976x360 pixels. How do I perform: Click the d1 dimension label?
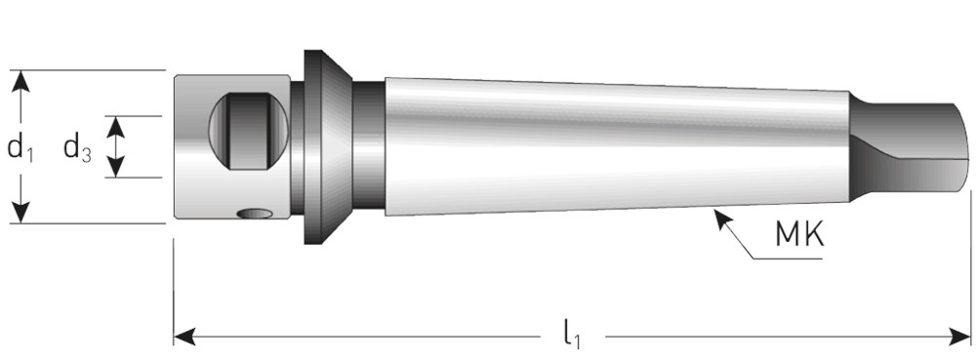[x=20, y=149]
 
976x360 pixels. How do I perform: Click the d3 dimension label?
[x=78, y=149]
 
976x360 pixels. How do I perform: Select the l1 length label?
[x=572, y=337]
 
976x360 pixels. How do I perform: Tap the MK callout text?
[x=799, y=234]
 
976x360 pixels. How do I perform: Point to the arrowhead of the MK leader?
[x=721, y=219]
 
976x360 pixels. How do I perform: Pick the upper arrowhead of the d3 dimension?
[x=116, y=127]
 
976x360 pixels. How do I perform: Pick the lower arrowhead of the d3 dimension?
[x=116, y=167]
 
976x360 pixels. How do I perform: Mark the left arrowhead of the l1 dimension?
[x=184, y=338]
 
